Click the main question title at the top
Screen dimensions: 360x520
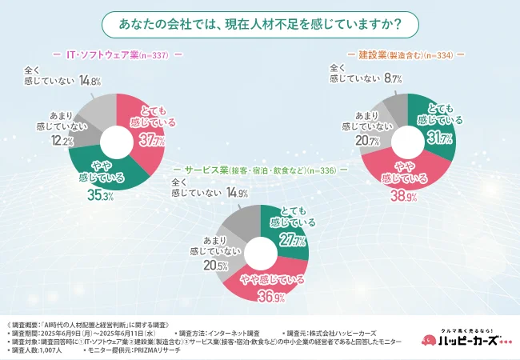point(259,24)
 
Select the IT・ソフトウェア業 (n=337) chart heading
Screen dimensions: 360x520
point(118,55)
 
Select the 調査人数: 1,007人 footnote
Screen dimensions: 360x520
point(38,350)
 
